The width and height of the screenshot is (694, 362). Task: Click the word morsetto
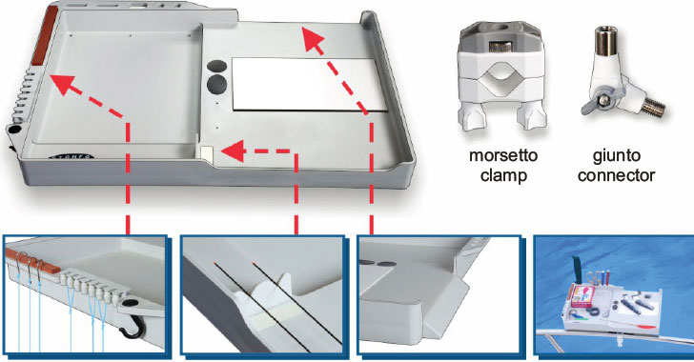point(503,156)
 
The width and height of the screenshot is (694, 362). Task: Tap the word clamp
point(503,175)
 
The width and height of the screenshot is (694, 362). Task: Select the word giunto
point(616,156)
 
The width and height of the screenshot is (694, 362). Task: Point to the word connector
point(616,175)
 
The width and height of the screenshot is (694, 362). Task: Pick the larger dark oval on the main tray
point(217,83)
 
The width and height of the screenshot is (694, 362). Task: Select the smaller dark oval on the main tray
point(217,66)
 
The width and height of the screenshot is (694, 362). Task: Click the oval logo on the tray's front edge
point(71,156)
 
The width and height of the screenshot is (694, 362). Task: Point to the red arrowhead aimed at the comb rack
point(61,83)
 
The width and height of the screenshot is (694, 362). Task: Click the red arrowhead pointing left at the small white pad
point(234,151)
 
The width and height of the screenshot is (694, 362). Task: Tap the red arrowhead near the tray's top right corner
point(312,39)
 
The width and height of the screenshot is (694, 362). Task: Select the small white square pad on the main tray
point(207,153)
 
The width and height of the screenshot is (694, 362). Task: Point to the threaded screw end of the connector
point(653,107)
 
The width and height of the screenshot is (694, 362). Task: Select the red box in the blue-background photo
point(582,296)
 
